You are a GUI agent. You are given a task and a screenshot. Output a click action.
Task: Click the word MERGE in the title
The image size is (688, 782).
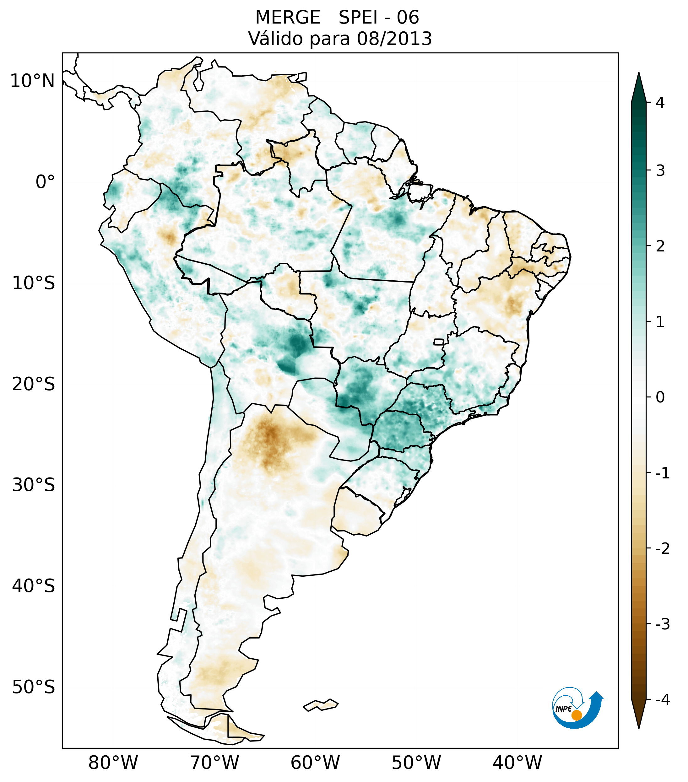(x=287, y=18)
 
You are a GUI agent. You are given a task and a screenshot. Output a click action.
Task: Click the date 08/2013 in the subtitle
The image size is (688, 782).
(x=394, y=39)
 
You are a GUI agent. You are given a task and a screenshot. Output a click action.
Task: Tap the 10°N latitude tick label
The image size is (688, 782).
(x=32, y=81)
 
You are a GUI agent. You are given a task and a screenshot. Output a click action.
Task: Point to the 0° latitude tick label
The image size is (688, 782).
(x=45, y=182)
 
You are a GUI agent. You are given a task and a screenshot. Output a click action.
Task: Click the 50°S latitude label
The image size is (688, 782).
(x=33, y=687)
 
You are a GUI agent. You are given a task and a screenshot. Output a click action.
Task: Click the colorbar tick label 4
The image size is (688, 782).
(x=660, y=103)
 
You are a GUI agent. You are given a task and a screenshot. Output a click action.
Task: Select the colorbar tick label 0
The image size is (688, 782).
(x=660, y=397)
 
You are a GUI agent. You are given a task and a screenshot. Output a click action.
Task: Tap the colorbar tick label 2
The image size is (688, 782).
(x=660, y=246)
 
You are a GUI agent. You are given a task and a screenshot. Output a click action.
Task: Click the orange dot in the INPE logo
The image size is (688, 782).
(x=576, y=715)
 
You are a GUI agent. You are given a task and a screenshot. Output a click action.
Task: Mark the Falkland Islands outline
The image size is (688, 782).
(x=321, y=705)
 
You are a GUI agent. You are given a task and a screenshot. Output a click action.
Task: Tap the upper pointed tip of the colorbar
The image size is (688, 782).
(x=638, y=75)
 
